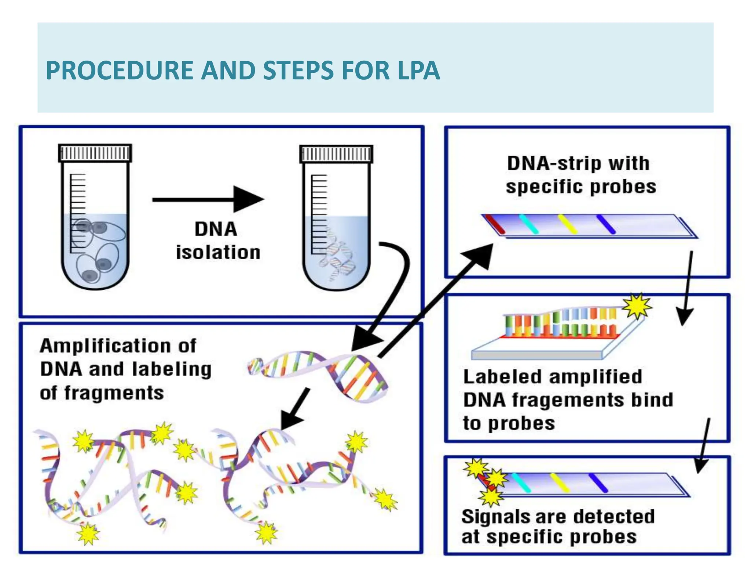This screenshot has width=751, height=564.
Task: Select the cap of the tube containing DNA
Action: click(336, 154)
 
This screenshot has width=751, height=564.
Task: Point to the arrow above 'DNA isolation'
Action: click(208, 199)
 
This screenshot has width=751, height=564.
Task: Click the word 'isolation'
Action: click(218, 253)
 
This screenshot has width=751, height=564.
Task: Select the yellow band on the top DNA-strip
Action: click(567, 224)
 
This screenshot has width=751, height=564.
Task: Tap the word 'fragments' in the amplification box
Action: click(114, 393)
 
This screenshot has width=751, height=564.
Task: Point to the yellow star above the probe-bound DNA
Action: click(637, 306)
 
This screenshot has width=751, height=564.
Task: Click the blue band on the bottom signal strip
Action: click(598, 483)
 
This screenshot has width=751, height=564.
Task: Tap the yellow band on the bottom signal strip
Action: click(559, 483)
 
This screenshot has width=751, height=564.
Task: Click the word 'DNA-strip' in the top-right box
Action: click(554, 163)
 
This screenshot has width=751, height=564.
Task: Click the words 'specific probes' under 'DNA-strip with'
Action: click(581, 187)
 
